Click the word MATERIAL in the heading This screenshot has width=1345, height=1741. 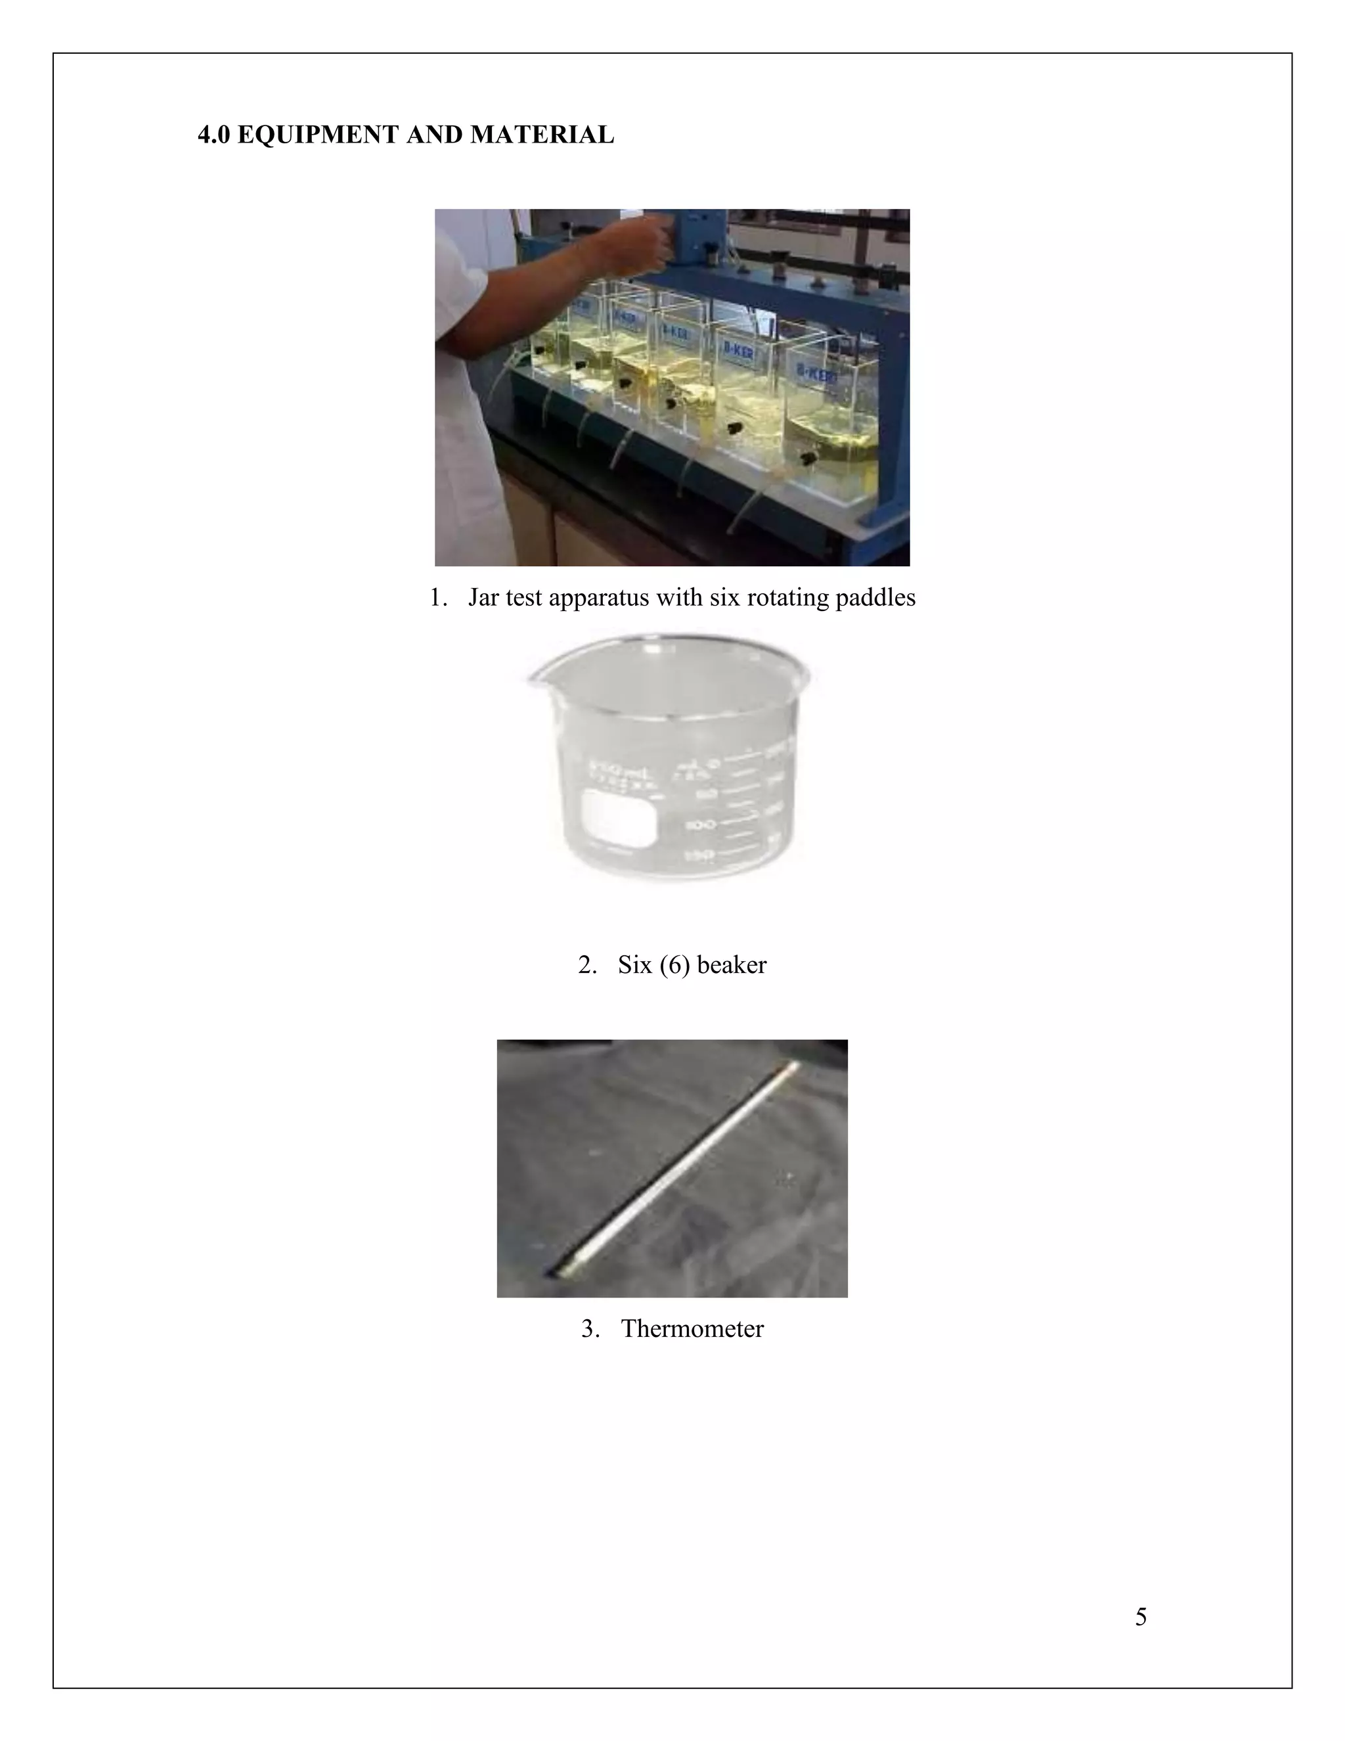point(542,135)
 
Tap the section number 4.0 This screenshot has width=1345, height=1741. point(213,135)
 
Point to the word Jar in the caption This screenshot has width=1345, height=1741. point(483,597)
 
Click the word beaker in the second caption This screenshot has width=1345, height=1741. point(732,964)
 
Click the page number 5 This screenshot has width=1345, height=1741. point(1140,1617)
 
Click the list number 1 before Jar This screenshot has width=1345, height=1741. point(436,597)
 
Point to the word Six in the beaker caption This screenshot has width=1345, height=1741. point(634,964)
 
